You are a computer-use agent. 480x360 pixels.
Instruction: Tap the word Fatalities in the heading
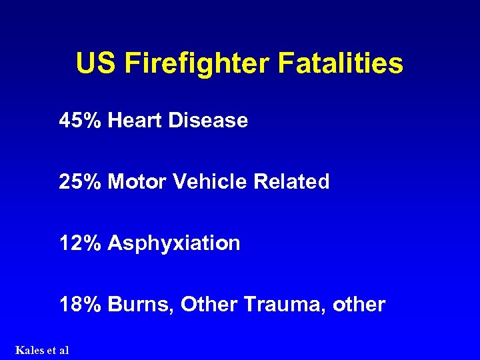tap(340, 64)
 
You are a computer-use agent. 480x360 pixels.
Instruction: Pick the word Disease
tap(208, 121)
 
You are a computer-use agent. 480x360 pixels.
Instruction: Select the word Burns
tap(138, 305)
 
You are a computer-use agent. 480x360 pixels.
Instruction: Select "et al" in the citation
tap(58, 350)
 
